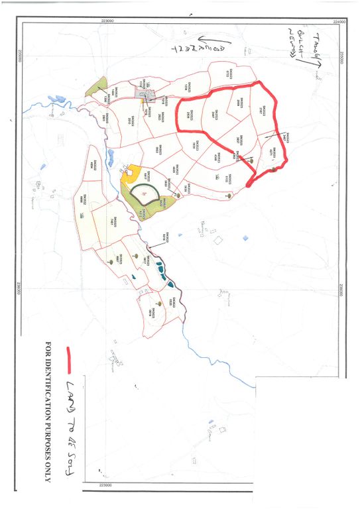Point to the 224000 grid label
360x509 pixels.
pos(339,22)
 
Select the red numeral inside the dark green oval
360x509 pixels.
pos(144,193)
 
